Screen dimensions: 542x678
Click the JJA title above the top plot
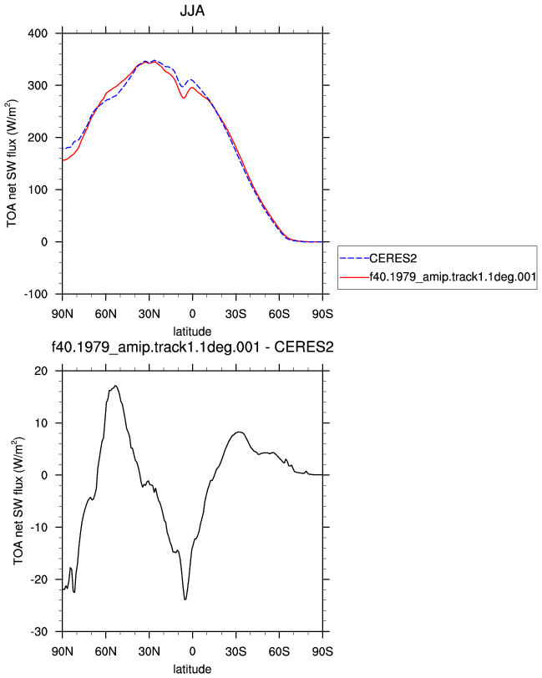192,10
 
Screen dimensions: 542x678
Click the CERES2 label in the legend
393,259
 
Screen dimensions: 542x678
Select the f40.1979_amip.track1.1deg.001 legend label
453,276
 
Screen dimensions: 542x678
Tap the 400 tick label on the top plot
38,33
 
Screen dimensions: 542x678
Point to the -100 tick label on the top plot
35,295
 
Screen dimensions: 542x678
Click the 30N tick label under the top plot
149,314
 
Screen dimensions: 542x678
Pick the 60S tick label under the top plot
279,314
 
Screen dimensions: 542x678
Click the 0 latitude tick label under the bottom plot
192,651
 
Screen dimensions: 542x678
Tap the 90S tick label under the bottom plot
322,651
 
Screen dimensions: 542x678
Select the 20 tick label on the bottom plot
41,371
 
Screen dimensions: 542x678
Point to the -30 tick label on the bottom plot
39,632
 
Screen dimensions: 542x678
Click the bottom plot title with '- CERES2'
192,347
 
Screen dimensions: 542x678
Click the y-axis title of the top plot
12,164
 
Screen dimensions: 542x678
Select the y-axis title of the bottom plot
18,501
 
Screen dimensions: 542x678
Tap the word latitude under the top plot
192,331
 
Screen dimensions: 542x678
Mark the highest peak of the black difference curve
115,386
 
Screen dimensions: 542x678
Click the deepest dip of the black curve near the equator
185,600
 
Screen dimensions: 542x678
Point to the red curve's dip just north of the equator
184,98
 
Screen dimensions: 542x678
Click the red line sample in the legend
354,277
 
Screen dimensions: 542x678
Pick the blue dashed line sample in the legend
354,259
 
